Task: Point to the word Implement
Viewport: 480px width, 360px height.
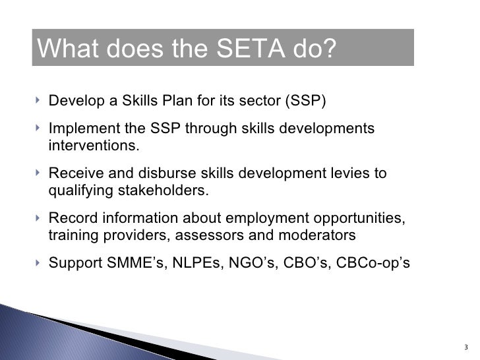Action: click(x=81, y=128)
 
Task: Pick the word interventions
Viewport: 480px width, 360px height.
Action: click(x=94, y=144)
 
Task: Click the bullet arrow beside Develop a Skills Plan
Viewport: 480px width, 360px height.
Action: click(x=38, y=102)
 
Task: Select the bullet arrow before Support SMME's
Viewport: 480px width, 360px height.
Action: click(x=38, y=262)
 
